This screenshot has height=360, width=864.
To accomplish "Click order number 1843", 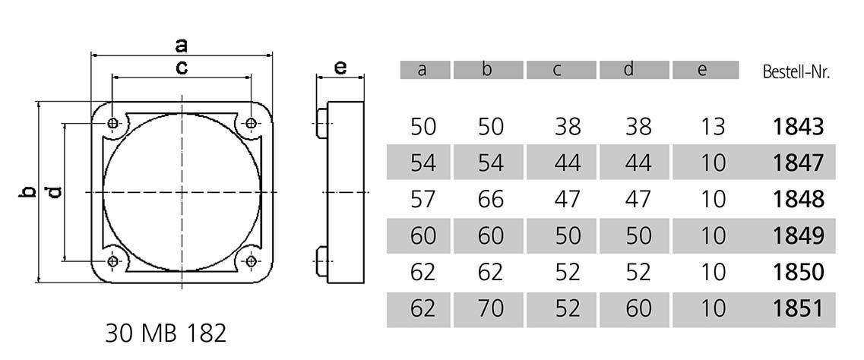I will (798, 126).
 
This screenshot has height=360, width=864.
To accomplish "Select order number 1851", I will (798, 308).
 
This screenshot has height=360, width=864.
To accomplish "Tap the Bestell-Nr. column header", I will (795, 72).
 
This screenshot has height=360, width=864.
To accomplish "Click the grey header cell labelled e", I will (705, 70).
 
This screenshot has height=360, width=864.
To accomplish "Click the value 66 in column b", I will (491, 199).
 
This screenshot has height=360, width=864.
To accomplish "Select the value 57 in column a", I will (423, 199).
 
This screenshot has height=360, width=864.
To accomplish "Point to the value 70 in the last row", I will (491, 308).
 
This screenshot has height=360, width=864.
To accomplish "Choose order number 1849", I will (798, 235).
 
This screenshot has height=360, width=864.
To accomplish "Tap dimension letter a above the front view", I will (182, 44).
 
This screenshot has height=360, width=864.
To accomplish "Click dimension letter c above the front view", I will (182, 67).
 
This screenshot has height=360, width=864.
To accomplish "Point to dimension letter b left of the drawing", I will (27, 192).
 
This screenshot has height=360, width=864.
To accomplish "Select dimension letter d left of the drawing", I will (54, 192).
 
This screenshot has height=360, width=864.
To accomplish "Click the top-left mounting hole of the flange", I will (113, 123).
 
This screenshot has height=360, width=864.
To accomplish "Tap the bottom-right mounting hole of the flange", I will (251, 261).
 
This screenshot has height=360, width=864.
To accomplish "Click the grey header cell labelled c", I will (558, 70).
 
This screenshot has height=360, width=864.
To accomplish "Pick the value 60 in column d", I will (638, 308).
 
